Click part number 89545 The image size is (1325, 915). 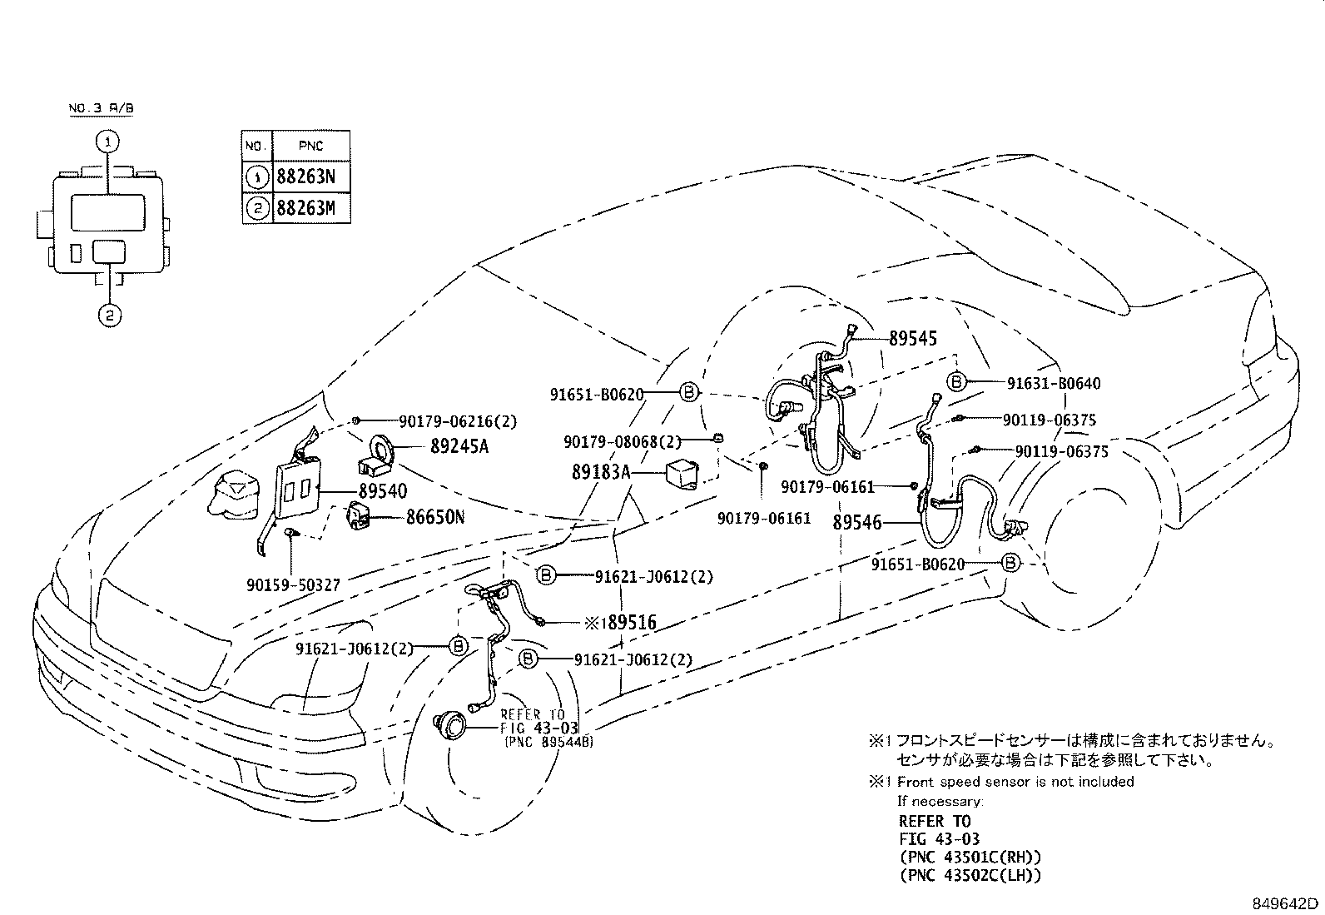pyautogui.click(x=912, y=339)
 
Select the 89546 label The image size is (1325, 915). pyautogui.click(x=856, y=523)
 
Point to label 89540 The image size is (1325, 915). pyautogui.click(x=383, y=492)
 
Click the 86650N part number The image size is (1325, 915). pyautogui.click(x=434, y=518)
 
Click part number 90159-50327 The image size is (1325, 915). pyautogui.click(x=293, y=585)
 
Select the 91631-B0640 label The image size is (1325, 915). pyautogui.click(x=1053, y=384)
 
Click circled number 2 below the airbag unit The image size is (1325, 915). pyautogui.click(x=109, y=316)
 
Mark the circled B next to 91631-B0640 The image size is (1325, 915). pyautogui.click(x=956, y=382)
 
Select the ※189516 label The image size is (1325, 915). pyautogui.click(x=619, y=623)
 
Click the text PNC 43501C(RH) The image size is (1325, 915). pyautogui.click(x=970, y=857)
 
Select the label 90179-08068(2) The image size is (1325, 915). pyautogui.click(x=623, y=441)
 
